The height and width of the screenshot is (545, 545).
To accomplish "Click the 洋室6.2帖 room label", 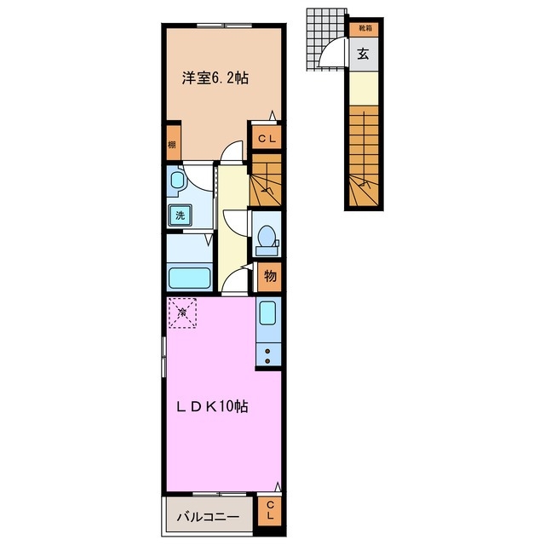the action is (x=215, y=77).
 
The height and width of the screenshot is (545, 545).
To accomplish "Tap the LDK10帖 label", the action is (x=212, y=406).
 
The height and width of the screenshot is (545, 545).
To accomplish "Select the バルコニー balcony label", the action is (x=208, y=517).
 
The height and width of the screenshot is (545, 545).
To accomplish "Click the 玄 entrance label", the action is (x=363, y=54).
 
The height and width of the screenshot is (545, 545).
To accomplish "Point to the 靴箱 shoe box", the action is (x=364, y=29).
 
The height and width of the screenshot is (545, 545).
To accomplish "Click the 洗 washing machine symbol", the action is (x=180, y=215).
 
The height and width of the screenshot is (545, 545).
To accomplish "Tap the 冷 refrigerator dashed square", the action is (x=182, y=313).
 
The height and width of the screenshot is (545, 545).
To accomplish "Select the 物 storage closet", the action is (x=270, y=277).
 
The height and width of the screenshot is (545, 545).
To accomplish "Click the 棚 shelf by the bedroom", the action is (x=173, y=143).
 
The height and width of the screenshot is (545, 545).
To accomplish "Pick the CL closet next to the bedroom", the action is (x=267, y=139).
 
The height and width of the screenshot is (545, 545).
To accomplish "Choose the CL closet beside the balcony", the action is (x=270, y=511).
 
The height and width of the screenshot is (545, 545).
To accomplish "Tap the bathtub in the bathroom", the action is (x=190, y=278).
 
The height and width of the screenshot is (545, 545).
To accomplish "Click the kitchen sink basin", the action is (x=267, y=313).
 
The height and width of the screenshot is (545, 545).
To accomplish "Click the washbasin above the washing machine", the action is (x=177, y=180).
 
